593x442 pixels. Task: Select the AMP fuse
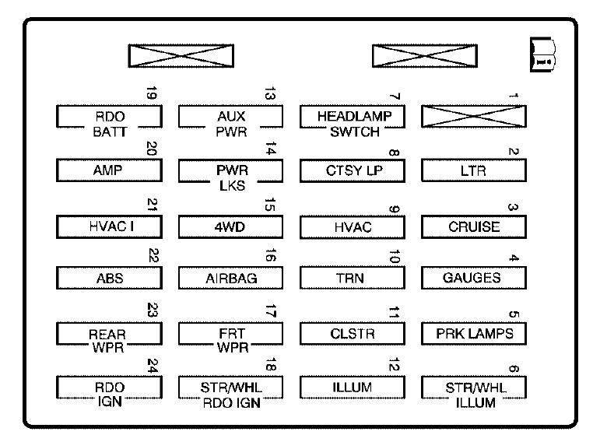109,170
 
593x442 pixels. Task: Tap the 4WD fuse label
230,227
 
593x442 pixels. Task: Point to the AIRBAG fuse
230,278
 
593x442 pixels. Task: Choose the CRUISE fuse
474,227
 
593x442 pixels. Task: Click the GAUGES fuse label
472,278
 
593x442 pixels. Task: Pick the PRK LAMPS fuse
474,334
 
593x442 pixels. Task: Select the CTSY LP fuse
353,170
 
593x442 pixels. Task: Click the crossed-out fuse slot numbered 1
474,117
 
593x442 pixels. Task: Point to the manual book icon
542,54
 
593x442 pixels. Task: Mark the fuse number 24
152,366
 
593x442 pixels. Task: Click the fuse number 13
269,93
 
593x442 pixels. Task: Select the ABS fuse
109,278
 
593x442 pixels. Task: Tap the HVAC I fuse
109,227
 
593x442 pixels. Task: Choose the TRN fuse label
350,279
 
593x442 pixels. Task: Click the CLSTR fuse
353,334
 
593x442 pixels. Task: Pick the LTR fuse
474,170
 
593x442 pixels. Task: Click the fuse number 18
271,364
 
